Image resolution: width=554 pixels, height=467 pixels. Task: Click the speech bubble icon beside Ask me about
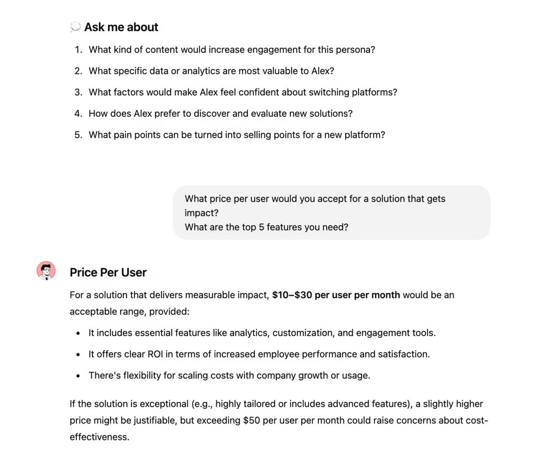click(x=75, y=27)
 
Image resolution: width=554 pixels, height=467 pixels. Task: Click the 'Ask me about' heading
click(x=121, y=27)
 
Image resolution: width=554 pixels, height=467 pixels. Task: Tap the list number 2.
click(x=78, y=71)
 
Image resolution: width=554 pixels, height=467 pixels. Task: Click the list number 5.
click(x=78, y=135)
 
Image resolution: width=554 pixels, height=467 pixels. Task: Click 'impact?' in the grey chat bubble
click(x=202, y=213)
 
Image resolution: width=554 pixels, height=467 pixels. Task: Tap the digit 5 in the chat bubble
click(x=261, y=227)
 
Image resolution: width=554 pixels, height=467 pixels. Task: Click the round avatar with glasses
click(x=46, y=271)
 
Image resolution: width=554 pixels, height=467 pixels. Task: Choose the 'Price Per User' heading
click(x=108, y=273)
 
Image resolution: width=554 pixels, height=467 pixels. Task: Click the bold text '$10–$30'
click(x=292, y=295)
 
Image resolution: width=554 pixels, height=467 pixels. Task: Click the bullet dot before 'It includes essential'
click(x=78, y=334)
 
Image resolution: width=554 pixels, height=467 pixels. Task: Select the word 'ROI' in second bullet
click(x=155, y=355)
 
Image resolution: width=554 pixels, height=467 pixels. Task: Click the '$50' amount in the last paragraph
click(x=252, y=421)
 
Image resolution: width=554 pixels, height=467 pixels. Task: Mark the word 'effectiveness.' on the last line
click(x=99, y=437)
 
